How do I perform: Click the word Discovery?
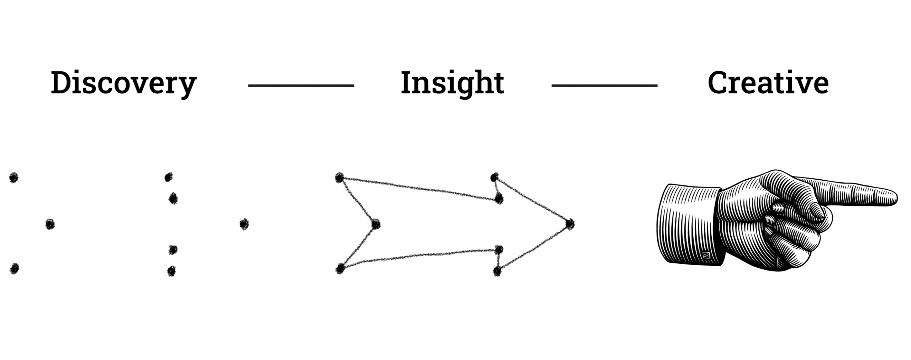tap(123, 84)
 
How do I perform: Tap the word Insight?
tap(452, 84)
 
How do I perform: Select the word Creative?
tap(768, 83)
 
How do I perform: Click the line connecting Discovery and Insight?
tap(301, 86)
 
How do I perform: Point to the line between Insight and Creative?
tap(604, 86)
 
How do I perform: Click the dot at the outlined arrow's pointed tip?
tap(570, 224)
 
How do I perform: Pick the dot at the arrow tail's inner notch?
tap(376, 224)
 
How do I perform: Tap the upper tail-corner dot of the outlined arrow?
tap(339, 178)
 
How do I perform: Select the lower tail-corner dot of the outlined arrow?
tap(340, 268)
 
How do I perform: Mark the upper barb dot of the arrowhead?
tap(494, 177)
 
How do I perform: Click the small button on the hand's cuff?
tap(706, 255)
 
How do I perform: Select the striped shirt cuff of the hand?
tap(689, 225)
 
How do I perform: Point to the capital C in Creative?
tap(719, 83)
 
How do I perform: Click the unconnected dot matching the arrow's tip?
tap(244, 224)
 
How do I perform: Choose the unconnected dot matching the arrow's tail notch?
tap(50, 224)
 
